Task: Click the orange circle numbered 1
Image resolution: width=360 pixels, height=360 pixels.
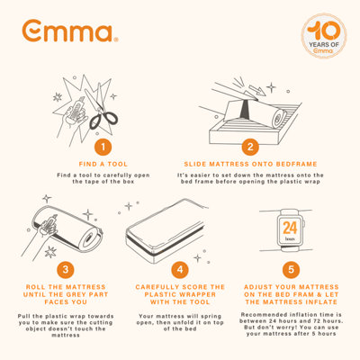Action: tap(106, 147)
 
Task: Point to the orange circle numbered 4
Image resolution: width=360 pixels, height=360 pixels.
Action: tap(180, 269)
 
